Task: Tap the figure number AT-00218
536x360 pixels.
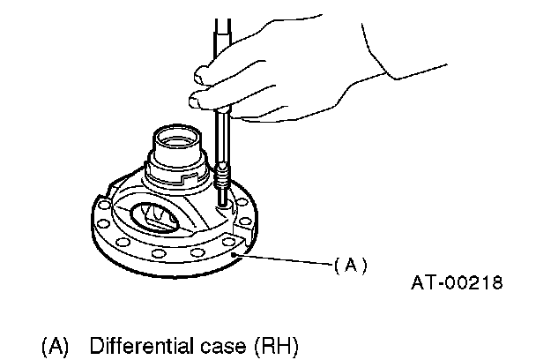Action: [x=456, y=283]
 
